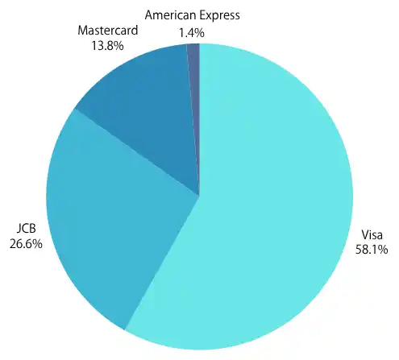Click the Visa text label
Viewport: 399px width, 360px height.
372,235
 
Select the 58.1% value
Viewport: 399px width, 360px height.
372,250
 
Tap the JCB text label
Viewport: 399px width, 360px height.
26,229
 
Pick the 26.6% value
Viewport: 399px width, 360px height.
26,244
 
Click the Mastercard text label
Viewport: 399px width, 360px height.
108,30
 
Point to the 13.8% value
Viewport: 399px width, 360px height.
107,46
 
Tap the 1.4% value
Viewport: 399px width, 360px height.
192,33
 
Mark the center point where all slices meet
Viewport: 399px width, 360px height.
199,197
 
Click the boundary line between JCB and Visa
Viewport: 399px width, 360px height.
162,263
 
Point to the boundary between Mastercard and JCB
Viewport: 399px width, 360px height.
137,153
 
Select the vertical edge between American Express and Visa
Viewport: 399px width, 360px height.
199,120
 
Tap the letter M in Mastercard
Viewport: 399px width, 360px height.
82,31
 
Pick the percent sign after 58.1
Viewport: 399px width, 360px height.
383,250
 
